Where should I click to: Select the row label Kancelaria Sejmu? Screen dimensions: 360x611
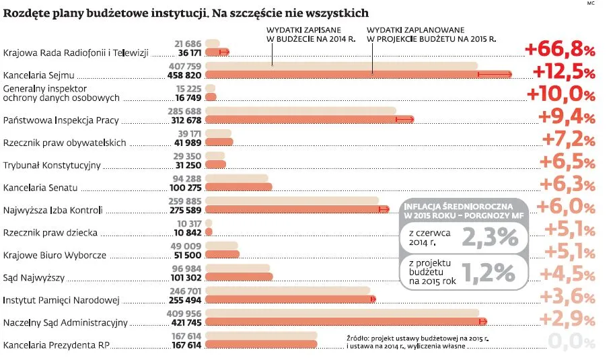pyautogui.click(x=38, y=74)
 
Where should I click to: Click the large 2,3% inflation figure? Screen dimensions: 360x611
pyautogui.click(x=489, y=237)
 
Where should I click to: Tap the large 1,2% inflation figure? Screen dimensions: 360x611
pyautogui.click(x=489, y=273)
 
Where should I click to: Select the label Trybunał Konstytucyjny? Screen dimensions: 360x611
pyautogui.click(x=52, y=165)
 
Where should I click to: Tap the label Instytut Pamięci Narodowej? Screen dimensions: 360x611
pyautogui.click(x=61, y=300)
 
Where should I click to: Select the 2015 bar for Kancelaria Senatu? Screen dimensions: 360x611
pyautogui.click(x=238, y=186)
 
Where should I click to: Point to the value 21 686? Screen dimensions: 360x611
pyautogui.click(x=188, y=43)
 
